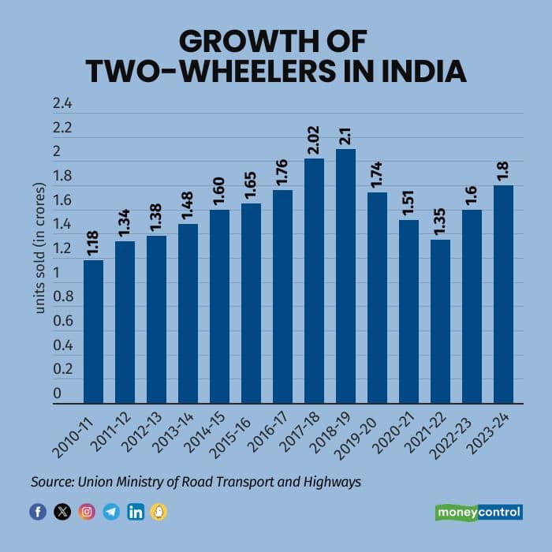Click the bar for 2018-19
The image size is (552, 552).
pyautogui.click(x=345, y=276)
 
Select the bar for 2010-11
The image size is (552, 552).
pyautogui.click(x=93, y=331)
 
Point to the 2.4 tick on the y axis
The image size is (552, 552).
pyautogui.click(x=62, y=104)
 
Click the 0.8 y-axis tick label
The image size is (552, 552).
pyautogui.click(x=62, y=297)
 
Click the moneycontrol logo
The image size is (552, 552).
pyautogui.click(x=479, y=512)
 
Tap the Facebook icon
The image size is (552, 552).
pyautogui.click(x=37, y=512)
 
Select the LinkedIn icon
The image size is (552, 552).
pyautogui.click(x=135, y=512)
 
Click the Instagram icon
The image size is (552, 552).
pyautogui.click(x=87, y=512)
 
